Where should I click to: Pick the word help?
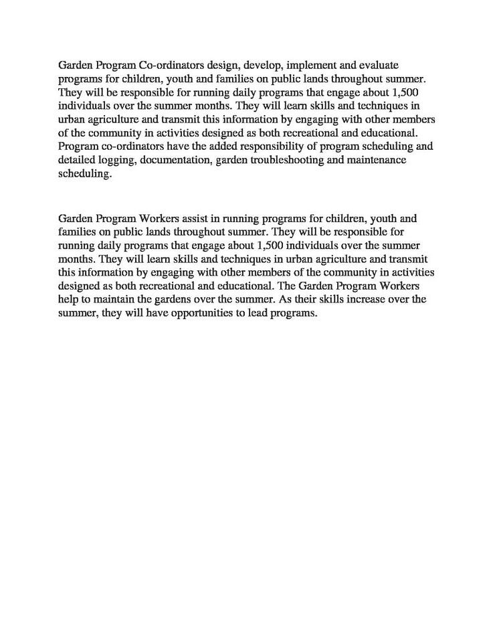(69, 299)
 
